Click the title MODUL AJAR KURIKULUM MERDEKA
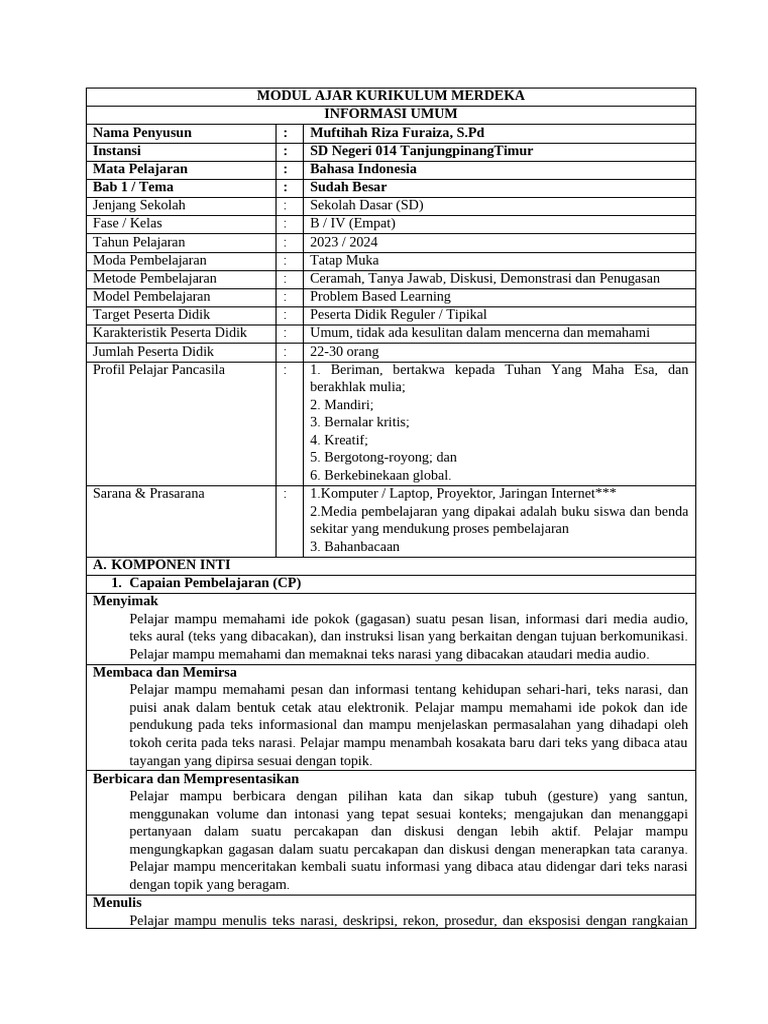coord(390,96)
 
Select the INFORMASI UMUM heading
coord(390,114)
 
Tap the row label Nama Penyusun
coord(142,132)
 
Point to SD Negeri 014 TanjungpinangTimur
coord(421,151)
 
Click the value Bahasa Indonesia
coord(363,169)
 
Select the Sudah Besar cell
coord(348,187)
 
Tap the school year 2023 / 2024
coord(344,242)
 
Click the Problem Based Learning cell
coord(380,296)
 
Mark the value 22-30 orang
coord(344,351)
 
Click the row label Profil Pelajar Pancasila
coord(159,369)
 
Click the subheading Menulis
coord(117,902)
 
